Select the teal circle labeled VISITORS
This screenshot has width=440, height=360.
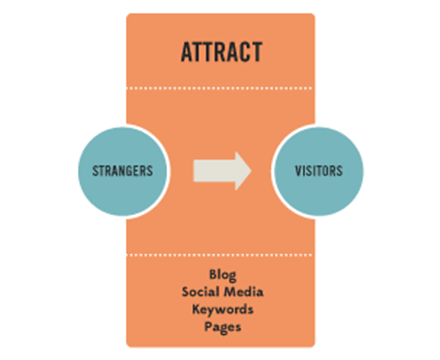click(319, 170)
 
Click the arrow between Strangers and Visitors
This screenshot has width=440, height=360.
click(220, 170)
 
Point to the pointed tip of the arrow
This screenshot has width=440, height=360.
click(250, 170)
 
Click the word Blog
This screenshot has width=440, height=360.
click(222, 274)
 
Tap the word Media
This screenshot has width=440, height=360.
click(243, 291)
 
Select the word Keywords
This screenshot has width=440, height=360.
click(222, 308)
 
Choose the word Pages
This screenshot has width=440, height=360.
click(222, 325)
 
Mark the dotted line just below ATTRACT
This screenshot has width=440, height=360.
click(220, 87)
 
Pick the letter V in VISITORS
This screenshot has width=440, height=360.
click(296, 170)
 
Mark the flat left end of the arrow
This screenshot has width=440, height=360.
click(195, 170)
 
